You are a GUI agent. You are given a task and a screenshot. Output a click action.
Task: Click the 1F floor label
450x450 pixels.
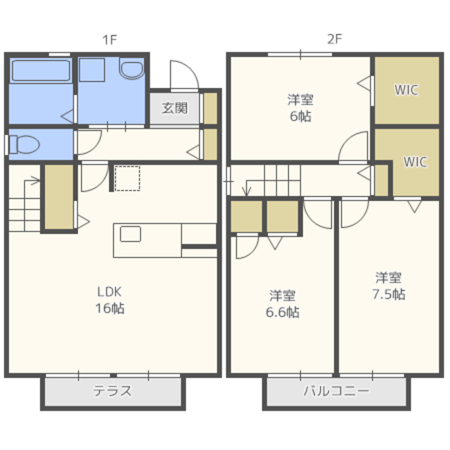[x=110, y=40]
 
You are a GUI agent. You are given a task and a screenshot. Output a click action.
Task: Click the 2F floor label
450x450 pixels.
[x=335, y=39]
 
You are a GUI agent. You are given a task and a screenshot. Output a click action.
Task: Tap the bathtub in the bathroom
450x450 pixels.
[x=41, y=70]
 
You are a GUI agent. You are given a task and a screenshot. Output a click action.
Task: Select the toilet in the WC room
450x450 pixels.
[x=25, y=144]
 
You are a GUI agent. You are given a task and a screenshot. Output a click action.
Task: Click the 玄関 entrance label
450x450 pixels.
[x=174, y=108]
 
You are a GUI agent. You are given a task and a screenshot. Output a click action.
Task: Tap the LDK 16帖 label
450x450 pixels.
[x=110, y=300]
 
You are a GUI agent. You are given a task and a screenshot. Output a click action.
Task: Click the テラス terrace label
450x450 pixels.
[x=112, y=391]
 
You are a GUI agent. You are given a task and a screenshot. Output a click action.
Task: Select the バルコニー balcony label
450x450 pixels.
[x=336, y=391]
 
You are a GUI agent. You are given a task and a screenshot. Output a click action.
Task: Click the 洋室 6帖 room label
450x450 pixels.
[x=300, y=108]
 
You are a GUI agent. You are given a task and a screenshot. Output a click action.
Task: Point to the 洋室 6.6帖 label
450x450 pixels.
[x=283, y=304]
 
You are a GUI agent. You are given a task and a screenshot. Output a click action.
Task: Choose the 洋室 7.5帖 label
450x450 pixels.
[x=389, y=286]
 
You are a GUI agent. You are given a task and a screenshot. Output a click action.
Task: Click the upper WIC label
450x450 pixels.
[x=406, y=90]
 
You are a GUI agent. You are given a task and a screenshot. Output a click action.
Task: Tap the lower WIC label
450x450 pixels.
[x=416, y=162]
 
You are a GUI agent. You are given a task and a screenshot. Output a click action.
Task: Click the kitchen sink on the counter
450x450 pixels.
[x=130, y=234]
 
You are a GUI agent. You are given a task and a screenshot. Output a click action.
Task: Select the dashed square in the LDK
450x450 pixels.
[x=127, y=178]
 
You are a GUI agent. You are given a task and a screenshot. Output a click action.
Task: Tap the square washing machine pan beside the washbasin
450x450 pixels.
[x=92, y=70]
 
